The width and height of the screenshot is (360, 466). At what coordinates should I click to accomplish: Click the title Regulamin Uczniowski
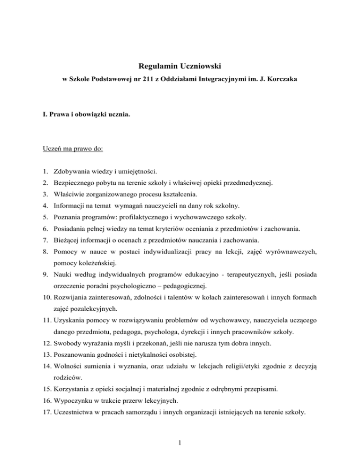coord(180,69)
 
